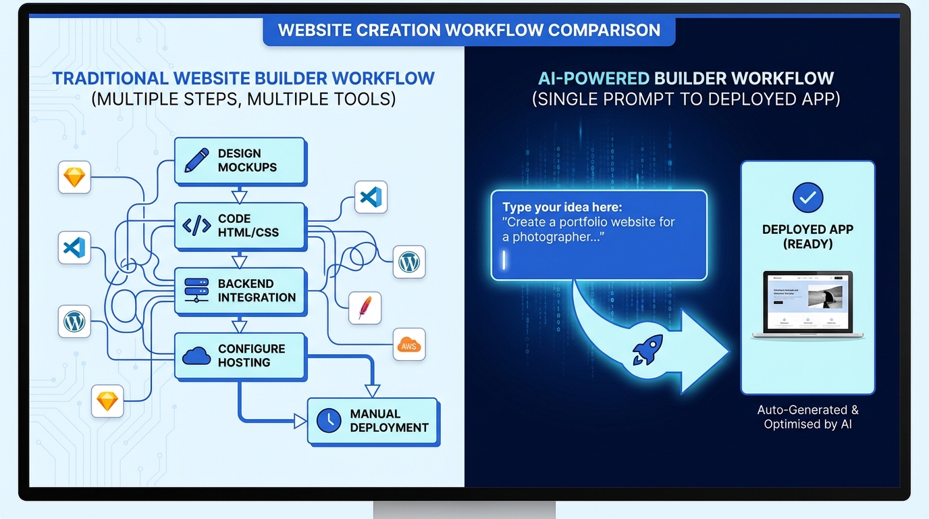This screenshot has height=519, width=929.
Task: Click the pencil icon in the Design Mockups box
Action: tap(196, 160)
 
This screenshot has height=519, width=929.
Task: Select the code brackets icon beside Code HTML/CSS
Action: tap(196, 226)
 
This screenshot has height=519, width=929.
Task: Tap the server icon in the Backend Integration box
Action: tap(196, 290)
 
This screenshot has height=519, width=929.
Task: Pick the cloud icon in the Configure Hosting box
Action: tap(196, 355)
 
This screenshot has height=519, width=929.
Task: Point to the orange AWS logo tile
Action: tap(409, 345)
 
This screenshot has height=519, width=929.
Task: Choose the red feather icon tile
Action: tap(365, 308)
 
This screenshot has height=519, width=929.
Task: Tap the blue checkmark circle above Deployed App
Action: tap(807, 197)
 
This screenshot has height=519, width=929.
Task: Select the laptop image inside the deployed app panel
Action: tap(807, 305)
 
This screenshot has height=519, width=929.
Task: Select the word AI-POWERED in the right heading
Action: tap(593, 78)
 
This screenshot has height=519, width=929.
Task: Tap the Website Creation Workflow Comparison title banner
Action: tap(469, 30)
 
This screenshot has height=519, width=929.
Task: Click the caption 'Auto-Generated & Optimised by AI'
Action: tap(807, 417)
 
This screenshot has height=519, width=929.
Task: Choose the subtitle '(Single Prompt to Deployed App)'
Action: tap(686, 99)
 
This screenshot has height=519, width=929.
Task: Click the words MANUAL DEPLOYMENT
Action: tap(389, 420)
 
